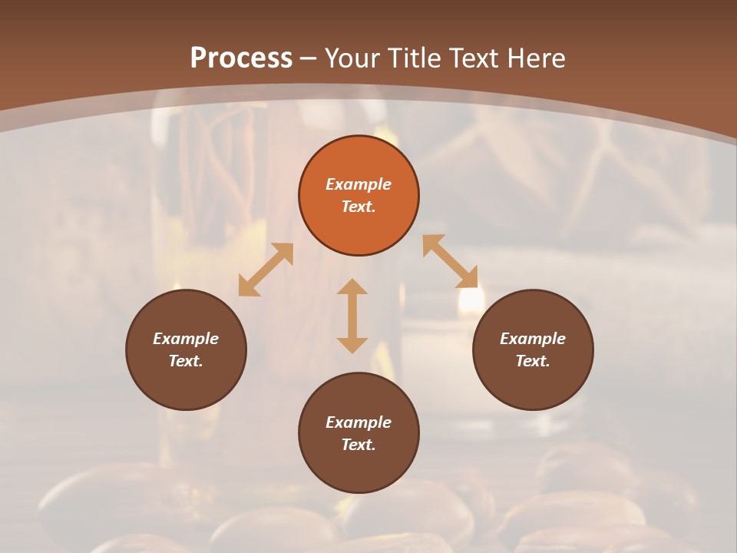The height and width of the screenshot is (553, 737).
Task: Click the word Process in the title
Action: [241, 58]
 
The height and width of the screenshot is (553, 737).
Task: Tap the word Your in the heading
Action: [354, 58]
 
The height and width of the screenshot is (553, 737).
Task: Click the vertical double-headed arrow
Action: [352, 316]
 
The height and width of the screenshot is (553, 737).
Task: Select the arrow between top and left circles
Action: [266, 270]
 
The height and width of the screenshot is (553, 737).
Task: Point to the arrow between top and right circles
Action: [451, 261]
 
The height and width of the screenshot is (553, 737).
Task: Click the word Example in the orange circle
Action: [359, 184]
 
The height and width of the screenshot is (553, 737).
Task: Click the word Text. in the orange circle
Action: [359, 207]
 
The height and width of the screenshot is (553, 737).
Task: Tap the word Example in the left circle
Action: [186, 339]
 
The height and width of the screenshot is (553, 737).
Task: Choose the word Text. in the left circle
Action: [186, 361]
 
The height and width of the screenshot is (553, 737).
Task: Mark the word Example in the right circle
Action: [533, 339]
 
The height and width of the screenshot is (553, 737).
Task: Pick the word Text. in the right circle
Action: [533, 361]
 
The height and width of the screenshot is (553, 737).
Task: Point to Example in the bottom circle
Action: [359, 422]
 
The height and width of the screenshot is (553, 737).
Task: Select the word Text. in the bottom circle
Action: [359, 445]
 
